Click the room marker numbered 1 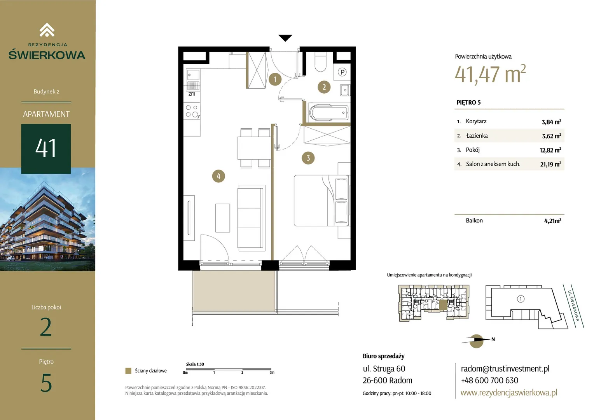275,79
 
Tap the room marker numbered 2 324,87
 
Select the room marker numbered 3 308,158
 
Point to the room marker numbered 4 218,176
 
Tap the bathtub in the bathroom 328,113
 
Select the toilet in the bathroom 320,62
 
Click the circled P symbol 342,72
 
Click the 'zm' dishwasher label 192,94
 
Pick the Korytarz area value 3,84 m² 551,122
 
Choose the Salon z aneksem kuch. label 493,164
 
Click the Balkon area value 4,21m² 553,221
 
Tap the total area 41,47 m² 490,74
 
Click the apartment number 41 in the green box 45,148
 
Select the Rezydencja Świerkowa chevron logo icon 47,30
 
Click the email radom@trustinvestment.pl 505,369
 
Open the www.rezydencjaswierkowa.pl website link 509,392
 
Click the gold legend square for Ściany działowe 128,371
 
